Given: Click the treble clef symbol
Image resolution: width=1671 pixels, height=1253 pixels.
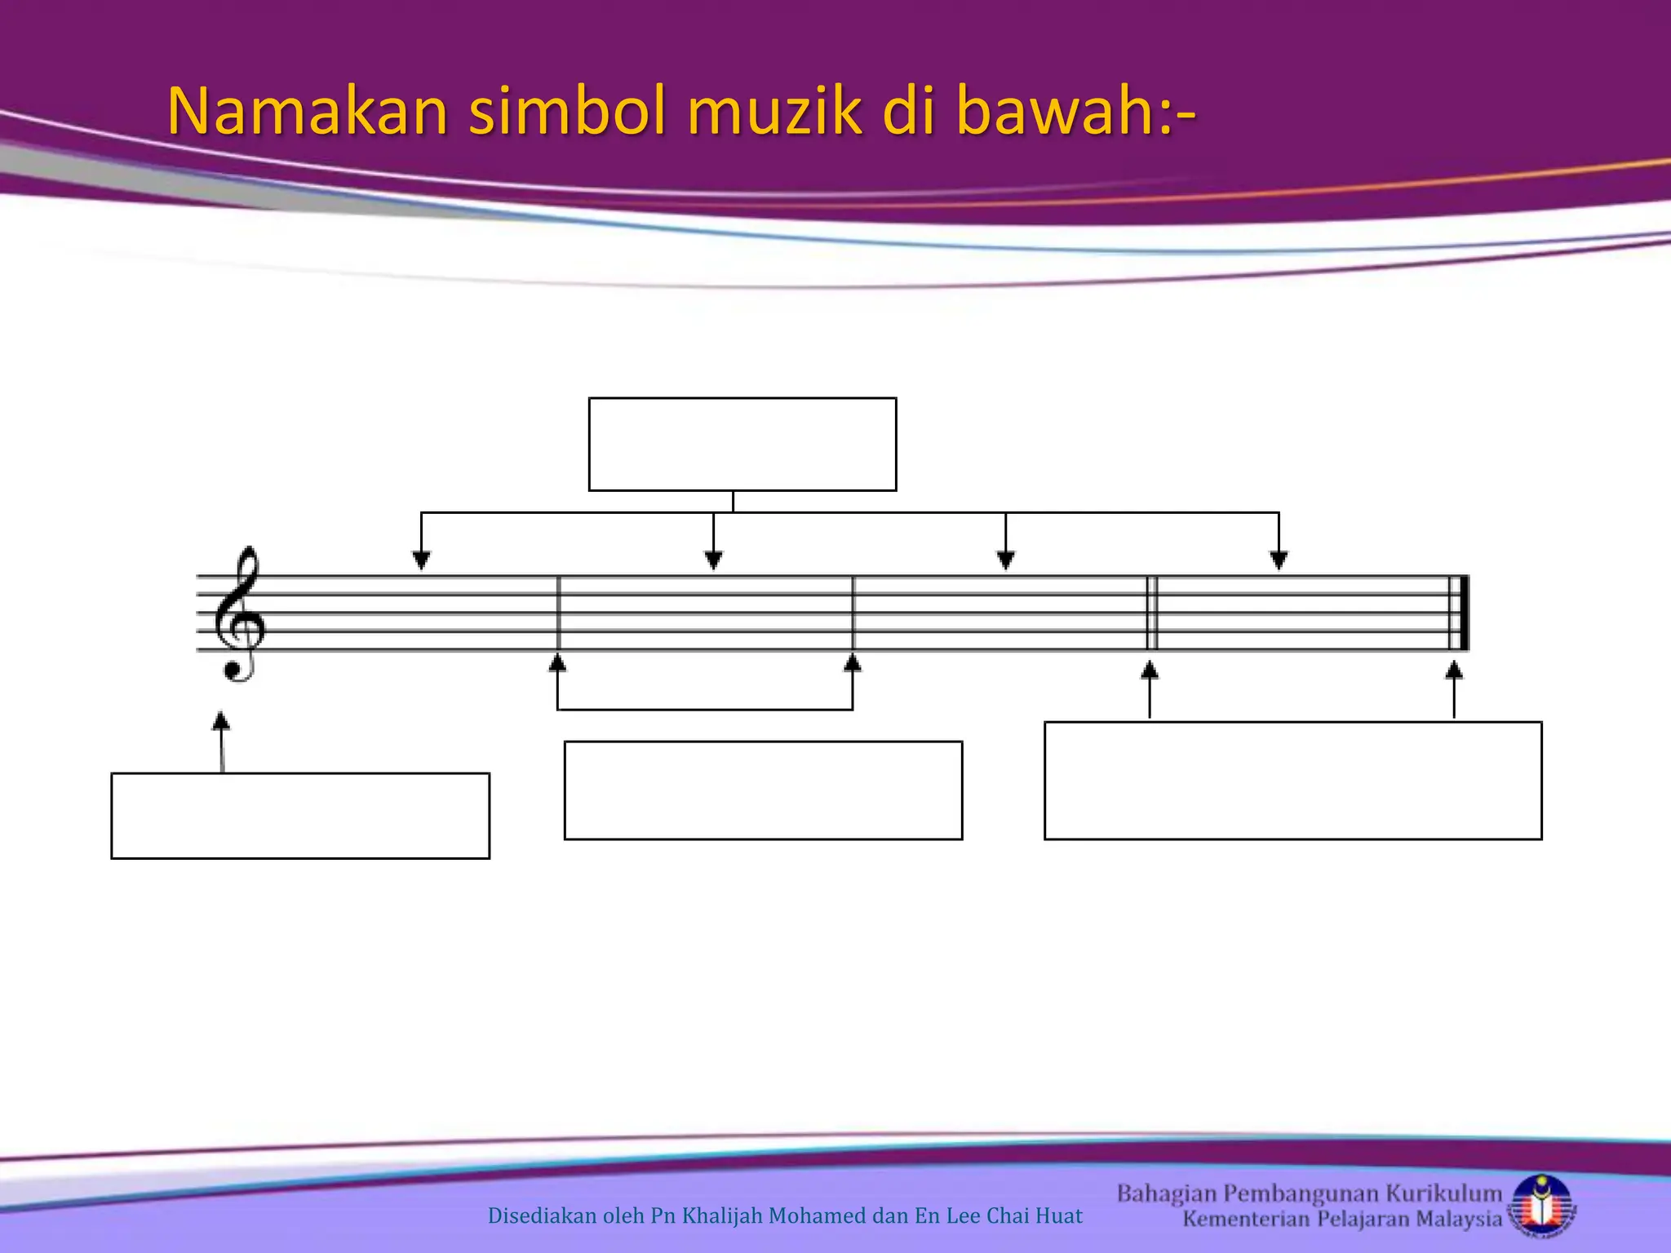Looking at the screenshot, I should click(x=238, y=614).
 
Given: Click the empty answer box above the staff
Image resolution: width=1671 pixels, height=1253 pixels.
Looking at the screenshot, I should click(x=742, y=445).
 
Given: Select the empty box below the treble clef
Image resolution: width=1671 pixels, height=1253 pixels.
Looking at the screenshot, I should click(x=300, y=816).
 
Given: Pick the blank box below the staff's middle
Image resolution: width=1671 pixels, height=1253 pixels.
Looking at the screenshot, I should click(x=763, y=790).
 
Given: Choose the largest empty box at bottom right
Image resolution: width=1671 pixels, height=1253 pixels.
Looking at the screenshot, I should click(x=1293, y=781).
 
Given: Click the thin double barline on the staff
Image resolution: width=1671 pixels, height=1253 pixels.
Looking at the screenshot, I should click(x=1152, y=613).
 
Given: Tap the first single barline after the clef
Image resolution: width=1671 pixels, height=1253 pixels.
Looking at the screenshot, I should click(x=559, y=613).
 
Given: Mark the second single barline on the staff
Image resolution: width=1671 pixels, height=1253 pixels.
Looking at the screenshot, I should click(x=853, y=613).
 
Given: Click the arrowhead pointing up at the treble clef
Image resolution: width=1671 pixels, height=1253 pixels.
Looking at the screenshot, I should click(x=221, y=721).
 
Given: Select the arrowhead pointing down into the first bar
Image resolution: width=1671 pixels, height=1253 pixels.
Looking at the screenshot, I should click(x=421, y=560).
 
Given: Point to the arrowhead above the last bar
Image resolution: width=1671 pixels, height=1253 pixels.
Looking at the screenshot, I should click(x=1279, y=560).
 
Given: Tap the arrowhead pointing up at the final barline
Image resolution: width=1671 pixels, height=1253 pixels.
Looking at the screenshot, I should click(x=1454, y=671).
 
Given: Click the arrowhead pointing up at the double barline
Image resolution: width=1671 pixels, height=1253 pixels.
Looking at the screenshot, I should click(x=1150, y=671).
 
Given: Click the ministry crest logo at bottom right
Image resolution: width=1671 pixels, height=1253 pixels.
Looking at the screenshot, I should click(x=1542, y=1206).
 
